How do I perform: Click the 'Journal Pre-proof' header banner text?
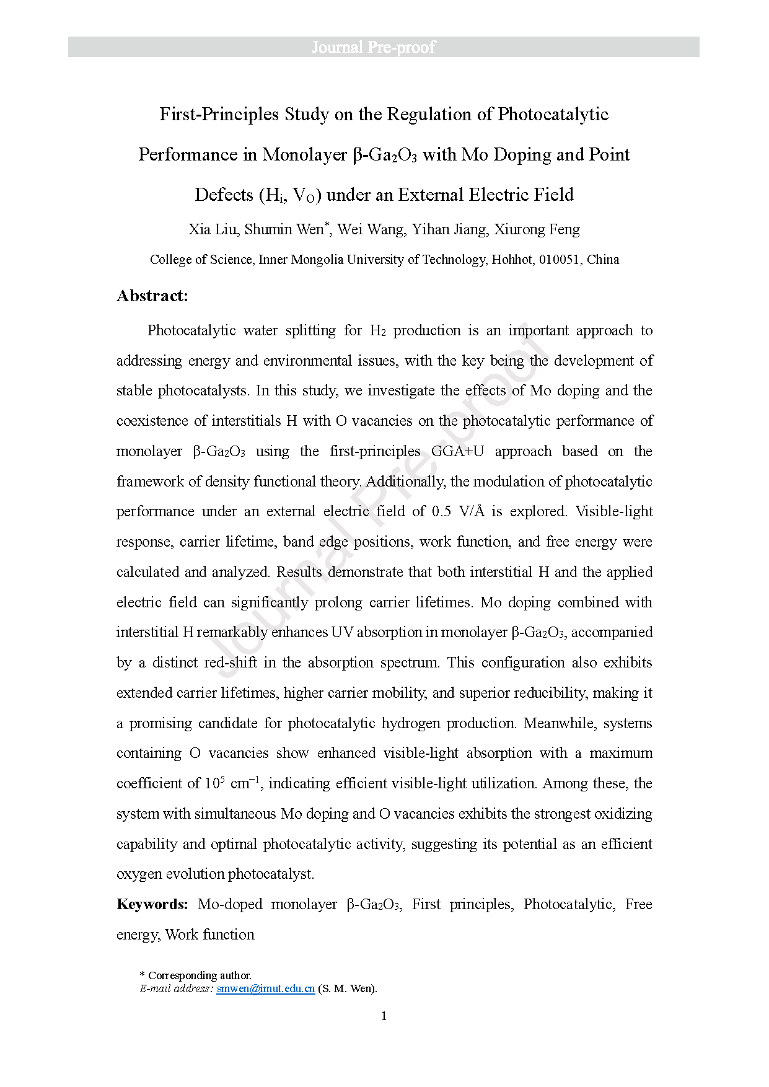coord(373,47)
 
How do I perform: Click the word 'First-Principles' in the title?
coord(219,115)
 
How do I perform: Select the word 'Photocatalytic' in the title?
coord(553,115)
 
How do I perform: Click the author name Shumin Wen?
coord(284,230)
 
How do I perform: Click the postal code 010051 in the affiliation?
coord(560,260)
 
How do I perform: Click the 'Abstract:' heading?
coord(152,296)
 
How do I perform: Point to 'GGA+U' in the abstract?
coord(457,451)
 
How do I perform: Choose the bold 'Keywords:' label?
coord(152,904)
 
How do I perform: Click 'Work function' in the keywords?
coord(210,935)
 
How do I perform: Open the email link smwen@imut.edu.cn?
coord(265,989)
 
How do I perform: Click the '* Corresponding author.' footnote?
coord(196,975)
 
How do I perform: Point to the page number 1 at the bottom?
coord(384,1016)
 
